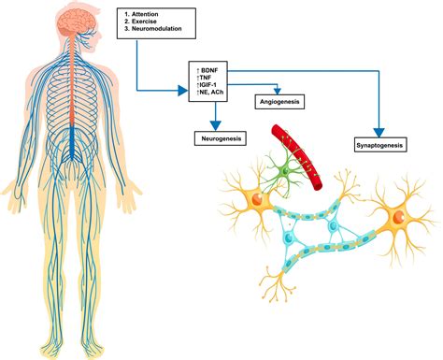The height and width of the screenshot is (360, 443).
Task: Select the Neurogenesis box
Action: [x=215, y=137]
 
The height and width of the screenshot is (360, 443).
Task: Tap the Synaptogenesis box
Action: [x=380, y=146]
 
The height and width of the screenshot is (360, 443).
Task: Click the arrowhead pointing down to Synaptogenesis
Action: [x=379, y=132]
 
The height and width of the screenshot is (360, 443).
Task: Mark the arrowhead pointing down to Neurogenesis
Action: [x=215, y=124]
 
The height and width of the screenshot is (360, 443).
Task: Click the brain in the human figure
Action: [x=74, y=22]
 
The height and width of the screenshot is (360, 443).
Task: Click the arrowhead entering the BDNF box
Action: [x=183, y=91]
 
